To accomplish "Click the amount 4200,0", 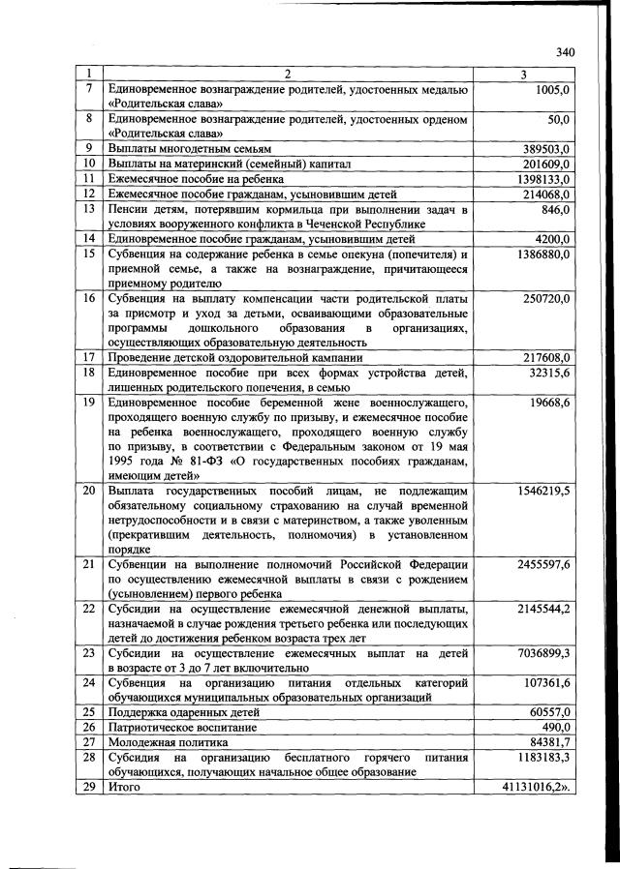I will click(x=550, y=239).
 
